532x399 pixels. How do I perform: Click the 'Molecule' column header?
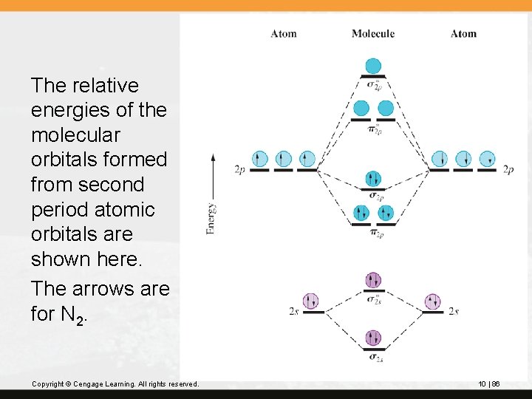(372, 33)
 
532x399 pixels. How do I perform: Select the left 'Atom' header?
(283, 33)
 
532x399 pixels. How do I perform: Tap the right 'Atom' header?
(463, 33)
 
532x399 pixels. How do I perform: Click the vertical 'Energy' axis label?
(212, 218)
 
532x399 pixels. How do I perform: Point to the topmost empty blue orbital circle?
(373, 66)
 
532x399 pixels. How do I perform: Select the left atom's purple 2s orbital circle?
(311, 301)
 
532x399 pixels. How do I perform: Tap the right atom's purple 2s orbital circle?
(434, 301)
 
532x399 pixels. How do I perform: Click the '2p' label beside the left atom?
(240, 169)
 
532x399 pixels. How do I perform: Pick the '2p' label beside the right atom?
(508, 169)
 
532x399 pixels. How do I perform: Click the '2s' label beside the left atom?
(293, 312)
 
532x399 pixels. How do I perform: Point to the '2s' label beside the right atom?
(454, 312)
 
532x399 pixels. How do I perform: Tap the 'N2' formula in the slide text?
(75, 315)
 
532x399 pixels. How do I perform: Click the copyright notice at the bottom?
(115, 384)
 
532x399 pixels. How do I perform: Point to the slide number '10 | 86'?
(489, 384)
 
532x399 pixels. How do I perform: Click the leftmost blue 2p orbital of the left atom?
(259, 159)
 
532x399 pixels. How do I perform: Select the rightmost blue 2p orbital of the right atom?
(487, 159)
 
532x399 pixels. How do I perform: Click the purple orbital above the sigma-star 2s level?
(373, 281)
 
